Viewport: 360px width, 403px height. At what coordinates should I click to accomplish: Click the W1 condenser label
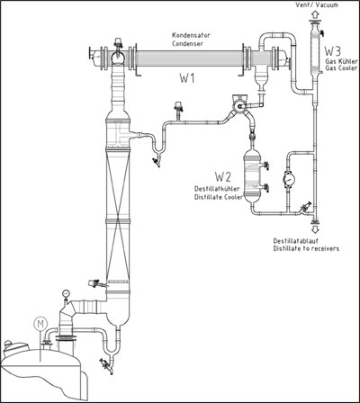click(x=187, y=78)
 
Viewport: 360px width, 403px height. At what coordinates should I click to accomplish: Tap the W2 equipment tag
click(x=223, y=177)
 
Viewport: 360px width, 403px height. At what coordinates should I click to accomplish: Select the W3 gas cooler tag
click(x=332, y=51)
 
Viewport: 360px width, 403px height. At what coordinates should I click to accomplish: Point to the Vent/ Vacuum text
click(x=317, y=4)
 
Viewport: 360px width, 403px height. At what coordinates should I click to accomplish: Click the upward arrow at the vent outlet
click(x=315, y=13)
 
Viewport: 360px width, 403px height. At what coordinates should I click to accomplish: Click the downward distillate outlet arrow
click(x=315, y=229)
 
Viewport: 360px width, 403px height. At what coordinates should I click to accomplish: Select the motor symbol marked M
click(x=40, y=324)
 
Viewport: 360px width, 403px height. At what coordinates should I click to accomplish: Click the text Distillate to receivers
click(x=306, y=248)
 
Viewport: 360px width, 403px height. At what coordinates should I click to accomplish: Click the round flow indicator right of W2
click(x=289, y=179)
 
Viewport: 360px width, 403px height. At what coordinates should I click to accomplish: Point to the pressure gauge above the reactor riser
click(x=65, y=293)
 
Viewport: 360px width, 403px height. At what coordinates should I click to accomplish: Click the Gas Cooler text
click(x=341, y=68)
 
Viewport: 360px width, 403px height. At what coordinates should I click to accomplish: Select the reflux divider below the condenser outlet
click(x=239, y=105)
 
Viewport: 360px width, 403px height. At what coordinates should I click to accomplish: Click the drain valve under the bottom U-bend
click(x=106, y=363)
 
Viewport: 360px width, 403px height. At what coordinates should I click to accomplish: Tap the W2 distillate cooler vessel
click(x=252, y=176)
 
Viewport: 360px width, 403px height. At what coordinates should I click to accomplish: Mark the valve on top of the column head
click(x=118, y=42)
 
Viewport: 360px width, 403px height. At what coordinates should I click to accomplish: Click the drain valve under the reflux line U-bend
click(x=156, y=162)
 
